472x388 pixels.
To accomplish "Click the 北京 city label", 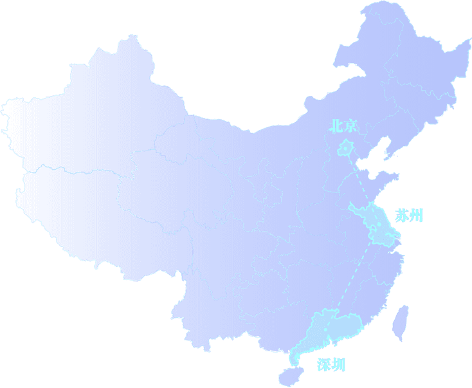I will [x=343, y=125].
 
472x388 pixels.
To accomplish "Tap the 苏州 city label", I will [x=409, y=216].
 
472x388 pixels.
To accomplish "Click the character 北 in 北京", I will [x=336, y=125].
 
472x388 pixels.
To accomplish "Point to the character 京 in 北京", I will [x=350, y=125].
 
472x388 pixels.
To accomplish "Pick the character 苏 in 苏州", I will [x=402, y=216].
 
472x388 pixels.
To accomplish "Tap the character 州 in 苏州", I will [x=416, y=216].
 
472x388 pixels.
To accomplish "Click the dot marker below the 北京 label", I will [x=346, y=149].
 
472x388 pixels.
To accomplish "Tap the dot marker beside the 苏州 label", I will [x=379, y=224].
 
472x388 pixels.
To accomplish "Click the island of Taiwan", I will [x=401, y=322].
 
